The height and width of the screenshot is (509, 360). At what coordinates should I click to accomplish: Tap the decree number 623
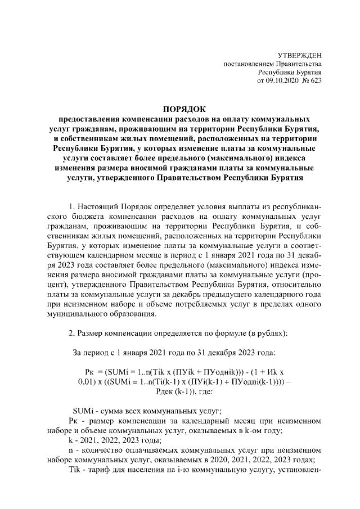316,82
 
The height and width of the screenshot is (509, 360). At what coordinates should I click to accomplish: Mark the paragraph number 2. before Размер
71,332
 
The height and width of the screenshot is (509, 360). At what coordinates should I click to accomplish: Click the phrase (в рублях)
264,332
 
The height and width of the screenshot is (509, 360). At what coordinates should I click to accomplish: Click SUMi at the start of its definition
83,409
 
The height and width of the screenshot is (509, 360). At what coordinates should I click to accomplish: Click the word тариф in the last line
98,470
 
